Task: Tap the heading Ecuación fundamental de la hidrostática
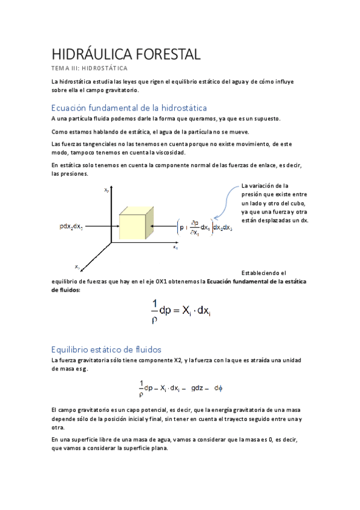coord(129,108)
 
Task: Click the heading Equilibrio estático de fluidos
coord(106,349)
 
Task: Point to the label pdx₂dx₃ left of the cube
coord(71,226)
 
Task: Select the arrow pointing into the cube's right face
coord(163,226)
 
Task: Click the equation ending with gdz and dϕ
coord(180,388)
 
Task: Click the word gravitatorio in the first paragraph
coord(119,90)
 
